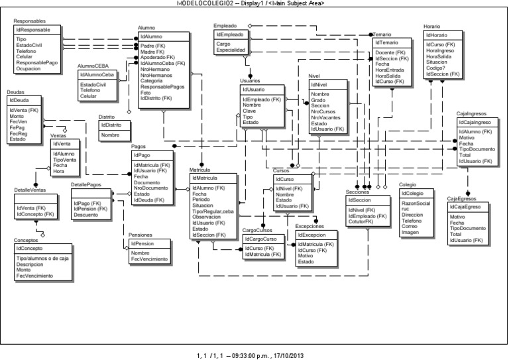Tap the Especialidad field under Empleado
tap(231, 50)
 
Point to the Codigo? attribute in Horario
tap(435, 68)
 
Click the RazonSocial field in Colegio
tap(416, 203)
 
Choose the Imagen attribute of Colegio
tap(410, 233)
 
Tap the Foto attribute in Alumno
tap(146, 92)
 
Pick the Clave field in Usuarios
tap(250, 111)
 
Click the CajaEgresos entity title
tap(463, 199)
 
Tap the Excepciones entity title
tap(310, 227)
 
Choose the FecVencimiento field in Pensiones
tap(149, 259)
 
